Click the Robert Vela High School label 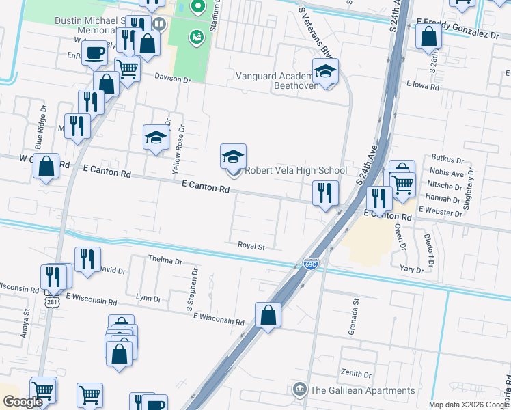296,171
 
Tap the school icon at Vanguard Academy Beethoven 326,72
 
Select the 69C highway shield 310,264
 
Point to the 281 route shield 52,300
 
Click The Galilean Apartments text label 362,391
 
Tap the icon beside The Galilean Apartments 300,391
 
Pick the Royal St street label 251,245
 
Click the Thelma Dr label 165,261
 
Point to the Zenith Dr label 358,374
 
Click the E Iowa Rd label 424,85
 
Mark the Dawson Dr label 173,79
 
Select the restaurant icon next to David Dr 87,260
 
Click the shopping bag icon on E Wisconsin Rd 268,316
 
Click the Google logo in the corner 23,402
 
